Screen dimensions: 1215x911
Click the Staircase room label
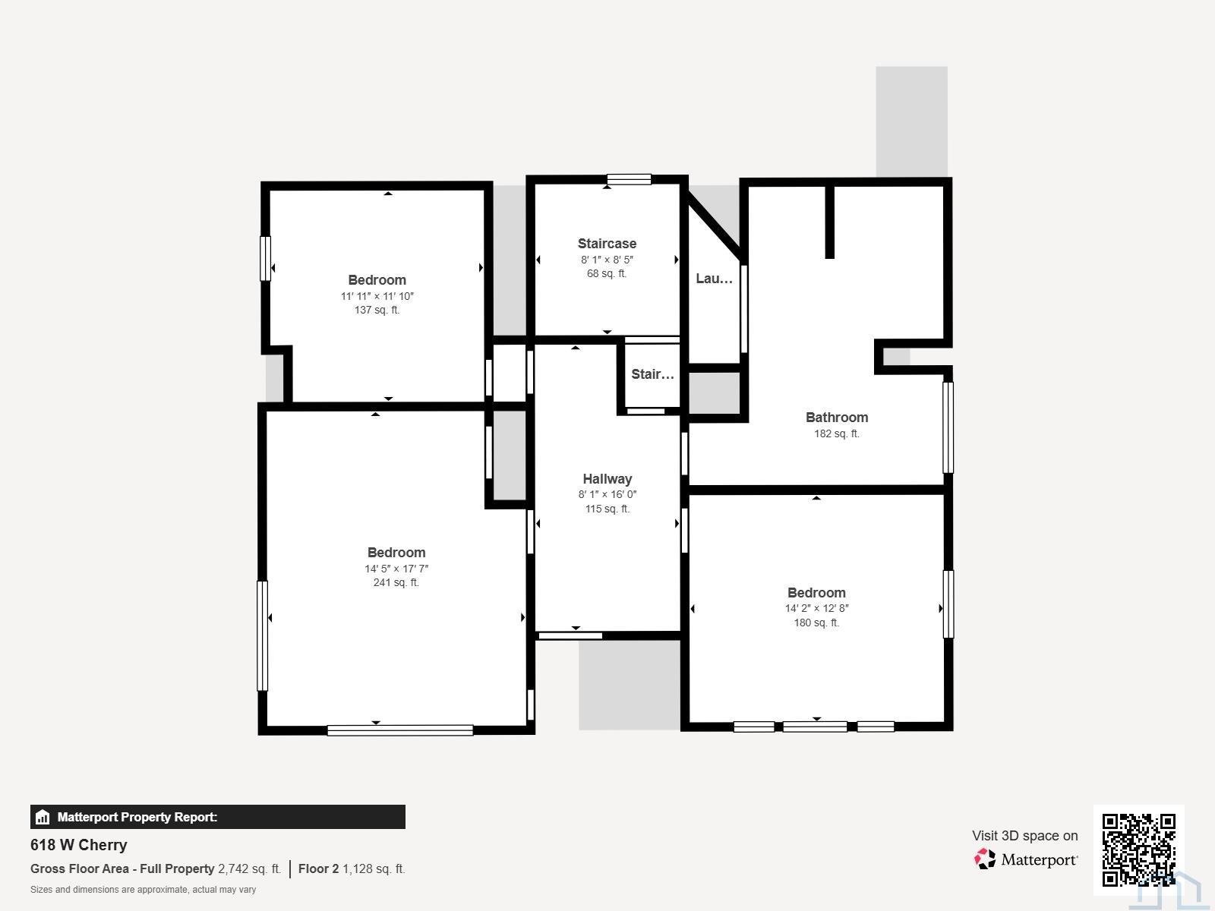point(607,244)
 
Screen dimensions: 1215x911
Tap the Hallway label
point(607,479)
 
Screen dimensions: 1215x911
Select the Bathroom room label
point(836,418)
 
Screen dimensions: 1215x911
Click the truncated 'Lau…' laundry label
point(714,278)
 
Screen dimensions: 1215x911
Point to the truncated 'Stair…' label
point(652,374)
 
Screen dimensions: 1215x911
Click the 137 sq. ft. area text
point(377,310)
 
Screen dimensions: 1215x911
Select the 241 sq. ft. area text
point(396,582)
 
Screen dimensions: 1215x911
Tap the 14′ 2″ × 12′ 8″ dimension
point(816,608)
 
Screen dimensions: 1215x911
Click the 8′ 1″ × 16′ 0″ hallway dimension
point(607,494)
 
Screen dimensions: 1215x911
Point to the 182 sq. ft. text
point(836,433)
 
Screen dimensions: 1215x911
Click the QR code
point(1138,850)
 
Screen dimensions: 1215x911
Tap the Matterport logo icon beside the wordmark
point(985,859)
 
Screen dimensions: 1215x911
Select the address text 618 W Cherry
point(79,845)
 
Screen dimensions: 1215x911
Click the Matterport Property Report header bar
point(217,817)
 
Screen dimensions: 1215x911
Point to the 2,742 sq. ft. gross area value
point(249,869)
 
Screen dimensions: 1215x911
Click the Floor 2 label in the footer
point(318,869)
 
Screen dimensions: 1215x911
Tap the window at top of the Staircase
point(629,179)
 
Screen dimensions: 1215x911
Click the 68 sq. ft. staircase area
point(607,273)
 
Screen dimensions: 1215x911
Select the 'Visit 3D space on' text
point(1024,836)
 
